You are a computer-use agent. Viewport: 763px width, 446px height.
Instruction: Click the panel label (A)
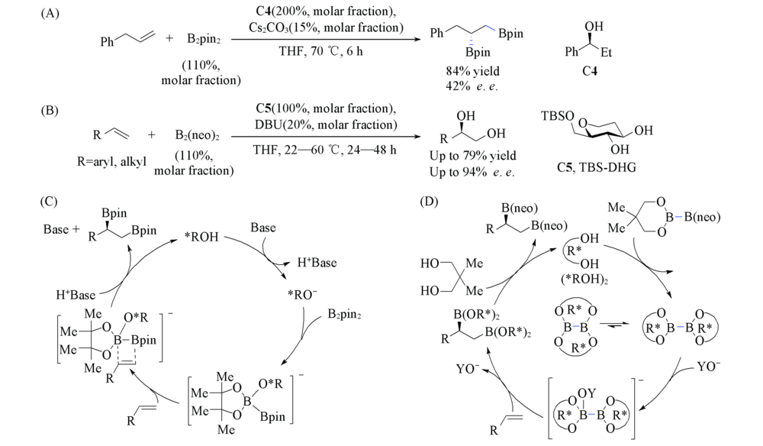pyautogui.click(x=50, y=15)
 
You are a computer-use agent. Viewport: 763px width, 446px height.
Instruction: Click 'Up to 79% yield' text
pyautogui.click(x=472, y=157)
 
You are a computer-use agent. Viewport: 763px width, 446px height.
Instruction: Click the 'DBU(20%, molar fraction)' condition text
pyautogui.click(x=324, y=124)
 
